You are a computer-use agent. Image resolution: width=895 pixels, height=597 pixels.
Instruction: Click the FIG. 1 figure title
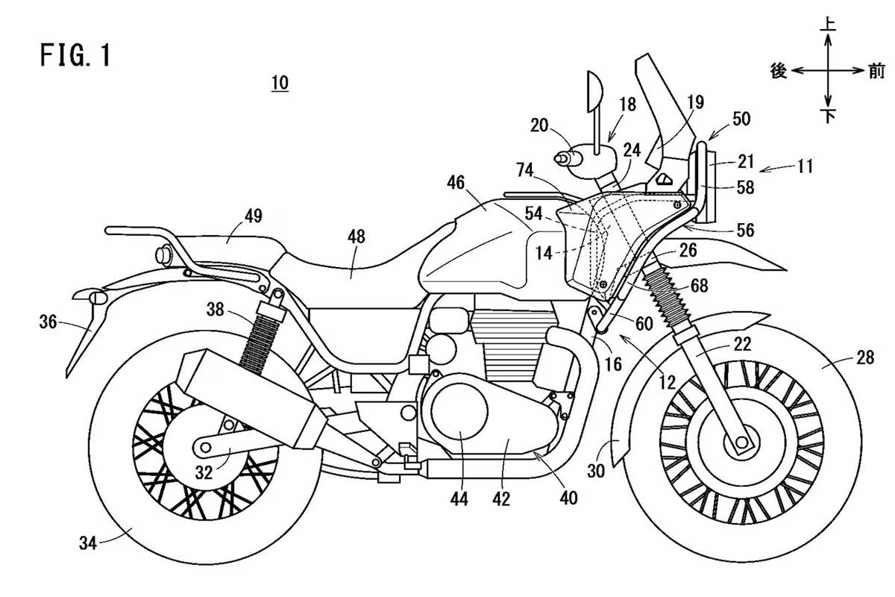(75, 55)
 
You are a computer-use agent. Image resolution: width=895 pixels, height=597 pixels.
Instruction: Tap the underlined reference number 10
(280, 83)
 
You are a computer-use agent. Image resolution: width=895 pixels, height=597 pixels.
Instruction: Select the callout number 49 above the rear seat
(254, 216)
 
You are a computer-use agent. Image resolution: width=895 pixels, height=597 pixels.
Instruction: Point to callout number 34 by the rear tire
(88, 543)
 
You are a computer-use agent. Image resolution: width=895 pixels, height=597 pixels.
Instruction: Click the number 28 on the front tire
(865, 357)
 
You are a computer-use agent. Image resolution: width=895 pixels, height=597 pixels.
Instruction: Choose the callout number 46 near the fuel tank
(456, 183)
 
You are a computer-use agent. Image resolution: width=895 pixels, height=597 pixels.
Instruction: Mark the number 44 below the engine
(459, 498)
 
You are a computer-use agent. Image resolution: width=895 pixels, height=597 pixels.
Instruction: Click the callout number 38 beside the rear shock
(216, 310)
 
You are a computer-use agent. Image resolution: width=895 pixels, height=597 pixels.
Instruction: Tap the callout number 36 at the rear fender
(48, 322)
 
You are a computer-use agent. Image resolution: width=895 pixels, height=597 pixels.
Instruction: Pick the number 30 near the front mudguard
(596, 472)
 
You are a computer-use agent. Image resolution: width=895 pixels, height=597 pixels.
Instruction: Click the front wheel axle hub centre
(742, 443)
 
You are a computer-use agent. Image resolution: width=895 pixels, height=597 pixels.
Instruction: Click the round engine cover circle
(459, 412)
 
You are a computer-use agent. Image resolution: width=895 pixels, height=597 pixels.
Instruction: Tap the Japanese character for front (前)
(877, 71)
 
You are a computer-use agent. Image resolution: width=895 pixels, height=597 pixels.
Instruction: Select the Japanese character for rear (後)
(779, 71)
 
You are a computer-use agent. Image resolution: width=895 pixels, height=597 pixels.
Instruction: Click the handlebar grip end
(560, 159)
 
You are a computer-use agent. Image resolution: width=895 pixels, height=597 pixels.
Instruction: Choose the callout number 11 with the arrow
(805, 166)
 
